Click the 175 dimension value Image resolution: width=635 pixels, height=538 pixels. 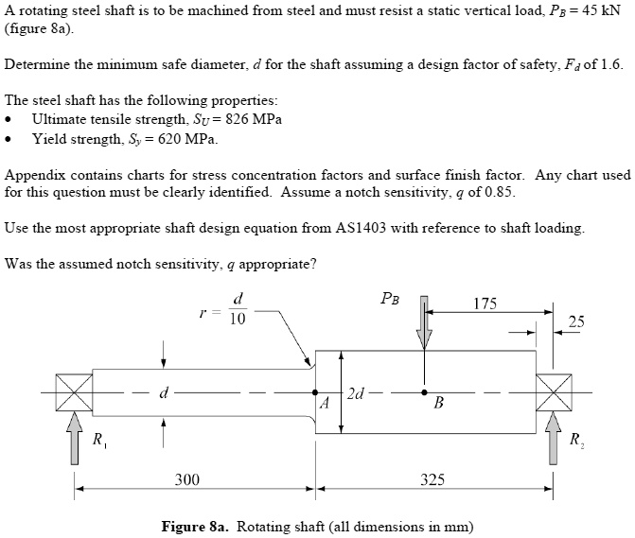[484, 304]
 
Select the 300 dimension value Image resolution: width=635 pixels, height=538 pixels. [187, 479]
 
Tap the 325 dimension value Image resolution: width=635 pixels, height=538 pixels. [432, 479]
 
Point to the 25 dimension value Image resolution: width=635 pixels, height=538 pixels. [576, 322]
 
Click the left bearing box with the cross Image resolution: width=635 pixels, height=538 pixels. [73, 392]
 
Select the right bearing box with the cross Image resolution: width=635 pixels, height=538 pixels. [554, 392]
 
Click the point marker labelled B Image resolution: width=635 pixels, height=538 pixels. [425, 391]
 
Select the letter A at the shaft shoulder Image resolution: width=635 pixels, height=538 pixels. [324, 404]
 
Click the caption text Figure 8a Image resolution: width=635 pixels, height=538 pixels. [197, 526]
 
